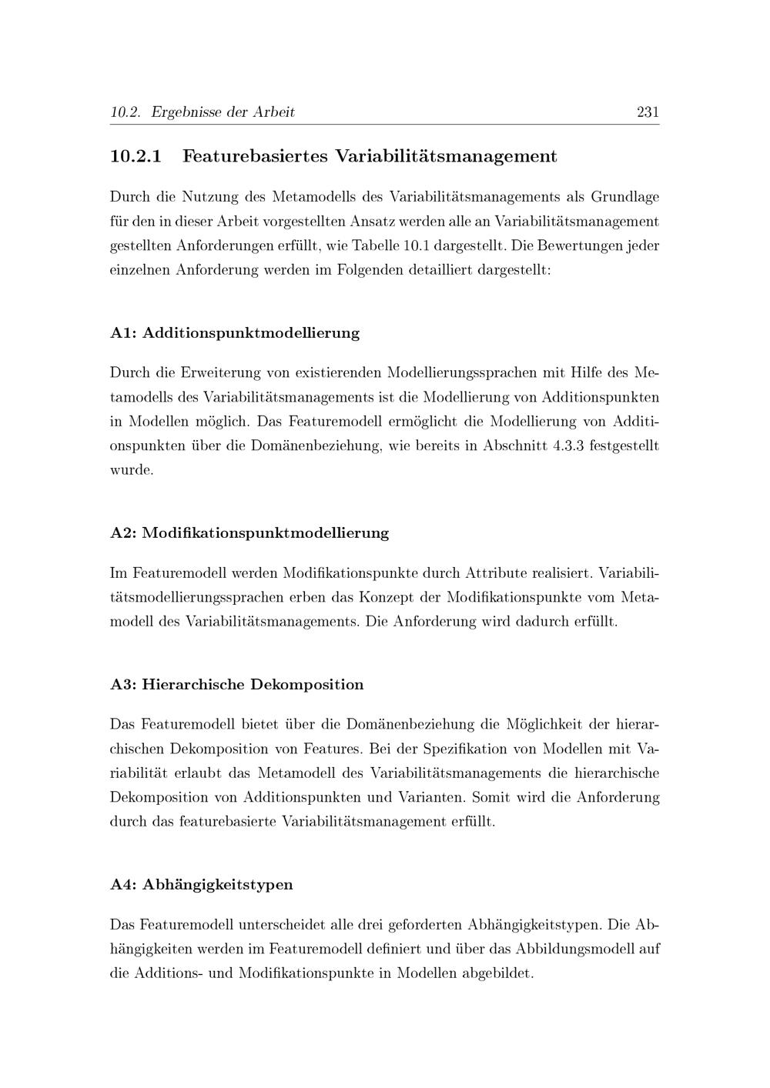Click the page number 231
648,112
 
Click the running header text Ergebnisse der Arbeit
223,112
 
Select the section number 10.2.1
136,156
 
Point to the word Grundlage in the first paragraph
624,197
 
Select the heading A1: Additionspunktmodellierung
235,333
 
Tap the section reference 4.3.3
569,446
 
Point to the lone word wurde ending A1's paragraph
131,470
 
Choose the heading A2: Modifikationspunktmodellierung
249,532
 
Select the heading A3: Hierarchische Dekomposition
237,685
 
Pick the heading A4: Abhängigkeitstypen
202,885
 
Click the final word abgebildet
497,973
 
